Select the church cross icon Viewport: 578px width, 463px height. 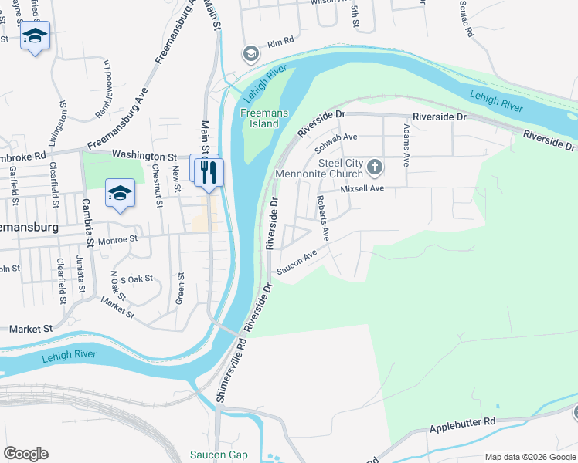click(x=375, y=167)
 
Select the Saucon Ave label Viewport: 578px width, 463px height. click(x=297, y=263)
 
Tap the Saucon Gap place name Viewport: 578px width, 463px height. click(x=219, y=455)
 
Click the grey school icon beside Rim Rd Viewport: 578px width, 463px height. click(x=250, y=54)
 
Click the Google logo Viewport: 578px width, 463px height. click(x=25, y=454)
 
